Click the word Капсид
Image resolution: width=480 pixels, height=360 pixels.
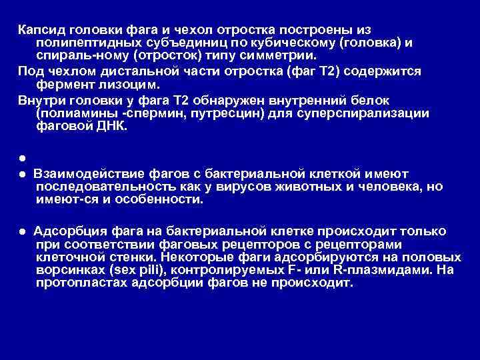(x=41, y=31)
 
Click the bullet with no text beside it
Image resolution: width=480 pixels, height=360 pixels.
(x=22, y=158)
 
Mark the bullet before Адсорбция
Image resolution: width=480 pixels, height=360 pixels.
(x=22, y=231)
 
